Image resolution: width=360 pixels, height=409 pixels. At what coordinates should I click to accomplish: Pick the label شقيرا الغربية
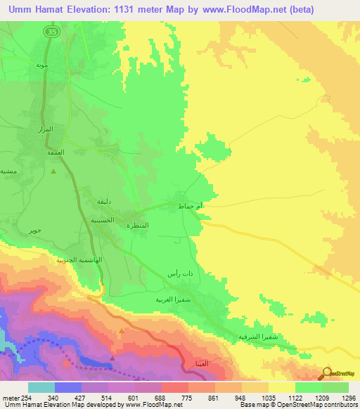174,299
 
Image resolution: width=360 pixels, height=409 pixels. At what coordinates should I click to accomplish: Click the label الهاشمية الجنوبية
80,260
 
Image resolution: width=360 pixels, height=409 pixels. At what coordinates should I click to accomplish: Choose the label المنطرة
138,225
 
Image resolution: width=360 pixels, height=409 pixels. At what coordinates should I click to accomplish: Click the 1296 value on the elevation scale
348,398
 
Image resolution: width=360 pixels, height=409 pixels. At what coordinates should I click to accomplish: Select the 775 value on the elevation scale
187,398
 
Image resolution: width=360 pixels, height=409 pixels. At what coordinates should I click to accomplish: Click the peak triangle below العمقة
53,171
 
